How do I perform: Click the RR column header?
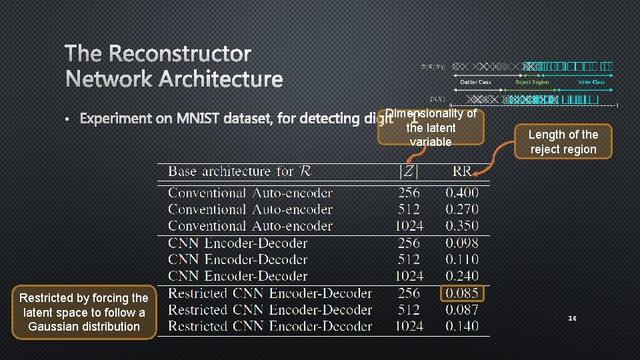pyautogui.click(x=461, y=172)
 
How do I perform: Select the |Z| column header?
pyautogui.click(x=408, y=172)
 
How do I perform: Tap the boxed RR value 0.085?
pyautogui.click(x=461, y=293)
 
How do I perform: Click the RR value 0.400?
pyautogui.click(x=461, y=193)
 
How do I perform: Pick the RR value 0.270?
pyautogui.click(x=461, y=209)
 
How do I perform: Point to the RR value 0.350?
pyautogui.click(x=461, y=226)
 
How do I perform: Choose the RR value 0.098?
pyautogui.click(x=461, y=243)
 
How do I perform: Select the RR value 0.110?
pyautogui.click(x=461, y=259)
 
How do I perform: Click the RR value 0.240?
pyautogui.click(x=461, y=276)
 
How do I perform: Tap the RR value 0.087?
pyautogui.click(x=461, y=310)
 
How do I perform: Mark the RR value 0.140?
pyautogui.click(x=461, y=327)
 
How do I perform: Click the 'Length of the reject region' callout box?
pyautogui.click(x=563, y=142)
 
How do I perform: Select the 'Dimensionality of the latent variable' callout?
pyautogui.click(x=431, y=127)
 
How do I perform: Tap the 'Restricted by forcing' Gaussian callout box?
pyautogui.click(x=84, y=312)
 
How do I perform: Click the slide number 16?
pyautogui.click(x=572, y=319)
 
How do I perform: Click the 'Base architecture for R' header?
pyautogui.click(x=239, y=172)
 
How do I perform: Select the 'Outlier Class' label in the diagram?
pyautogui.click(x=475, y=82)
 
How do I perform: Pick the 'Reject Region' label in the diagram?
pyautogui.click(x=532, y=82)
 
